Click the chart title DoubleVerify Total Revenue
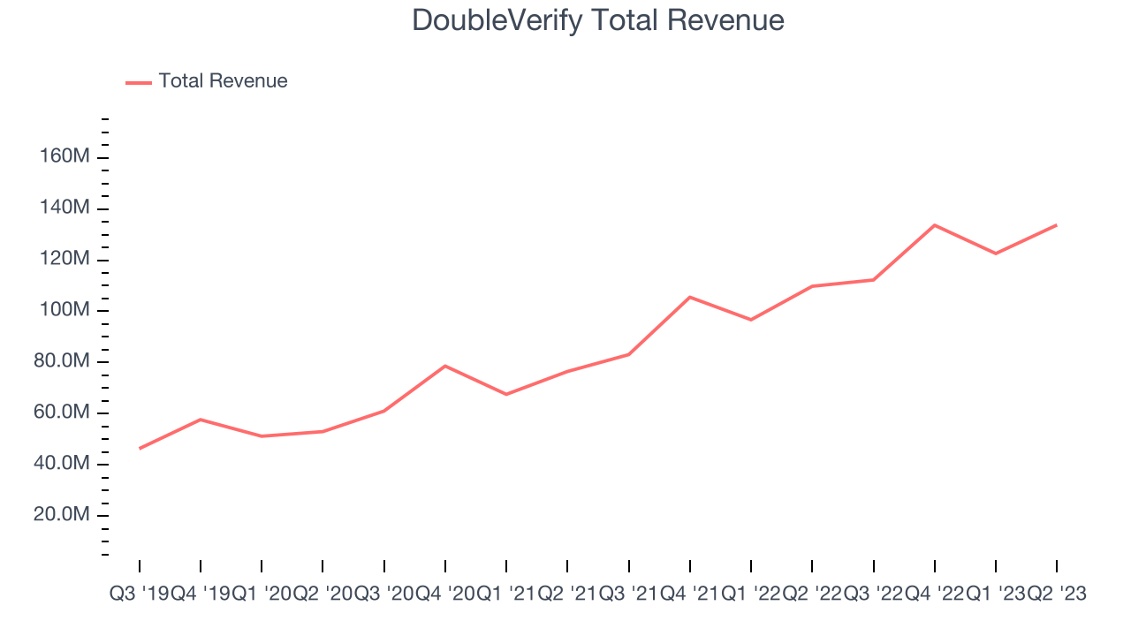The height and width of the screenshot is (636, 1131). coord(598,20)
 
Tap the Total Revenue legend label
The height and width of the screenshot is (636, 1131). coord(223,80)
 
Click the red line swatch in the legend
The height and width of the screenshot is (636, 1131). coord(139,83)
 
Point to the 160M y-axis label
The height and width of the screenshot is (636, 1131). coord(65,156)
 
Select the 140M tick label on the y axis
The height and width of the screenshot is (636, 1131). coord(65,207)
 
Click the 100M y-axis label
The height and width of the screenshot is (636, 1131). coord(65,309)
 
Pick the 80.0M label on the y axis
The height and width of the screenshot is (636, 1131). coord(62,360)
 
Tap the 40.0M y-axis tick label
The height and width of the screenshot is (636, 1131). coord(62,462)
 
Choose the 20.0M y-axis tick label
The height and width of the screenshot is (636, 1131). coord(62,514)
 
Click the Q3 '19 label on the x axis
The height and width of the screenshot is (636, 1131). coord(140,594)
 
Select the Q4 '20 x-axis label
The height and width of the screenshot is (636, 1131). coord(444,594)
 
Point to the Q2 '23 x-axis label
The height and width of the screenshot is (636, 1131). coord(1057,594)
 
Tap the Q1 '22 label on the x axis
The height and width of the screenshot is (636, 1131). coord(751,594)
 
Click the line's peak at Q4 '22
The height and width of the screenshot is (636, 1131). coord(935,225)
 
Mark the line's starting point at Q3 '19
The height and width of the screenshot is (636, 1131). coord(140,448)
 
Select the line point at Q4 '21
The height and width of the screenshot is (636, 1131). coord(690,298)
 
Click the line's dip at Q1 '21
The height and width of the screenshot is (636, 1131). coord(506,394)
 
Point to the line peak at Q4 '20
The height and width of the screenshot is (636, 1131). coord(444,366)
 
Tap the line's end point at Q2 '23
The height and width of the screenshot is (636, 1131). coord(1056,225)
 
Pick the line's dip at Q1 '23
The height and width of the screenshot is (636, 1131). coord(996,254)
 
